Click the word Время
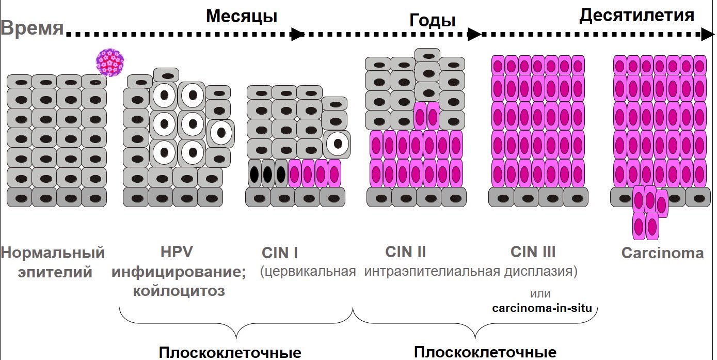[x=32, y=28]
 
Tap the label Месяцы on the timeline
[x=242, y=17]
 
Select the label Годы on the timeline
[x=433, y=20]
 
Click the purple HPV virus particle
[x=110, y=62]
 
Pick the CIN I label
[x=280, y=253]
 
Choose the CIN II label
[x=406, y=252]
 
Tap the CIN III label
[x=533, y=252]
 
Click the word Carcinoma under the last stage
[x=663, y=253]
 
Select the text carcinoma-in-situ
[x=542, y=308]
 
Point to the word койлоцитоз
[x=179, y=291]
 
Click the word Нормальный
[x=53, y=253]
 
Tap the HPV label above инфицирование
[x=177, y=252]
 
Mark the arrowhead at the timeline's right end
[x=708, y=34]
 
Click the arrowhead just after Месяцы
[x=298, y=34]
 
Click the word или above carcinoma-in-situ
[x=540, y=293]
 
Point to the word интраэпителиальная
[x=432, y=271]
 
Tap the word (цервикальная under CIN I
[x=308, y=272]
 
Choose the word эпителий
[x=55, y=272]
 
